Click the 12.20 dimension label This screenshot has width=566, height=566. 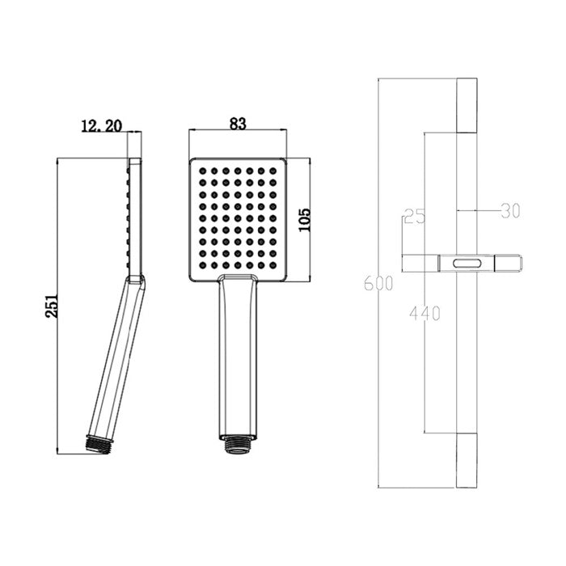coord(102,126)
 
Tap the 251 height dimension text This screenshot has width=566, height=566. coord(52,306)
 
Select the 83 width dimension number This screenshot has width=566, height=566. coord(238,124)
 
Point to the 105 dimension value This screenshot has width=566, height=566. coord(305,220)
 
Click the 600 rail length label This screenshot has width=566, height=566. coord(378,283)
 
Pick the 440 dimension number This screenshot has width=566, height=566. coord(424,313)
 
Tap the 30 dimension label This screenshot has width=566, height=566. coord(510,210)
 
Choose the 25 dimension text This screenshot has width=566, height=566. coord(415,216)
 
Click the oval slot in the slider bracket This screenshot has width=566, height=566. coord(467,263)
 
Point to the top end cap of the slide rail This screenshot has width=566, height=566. coord(467,105)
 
